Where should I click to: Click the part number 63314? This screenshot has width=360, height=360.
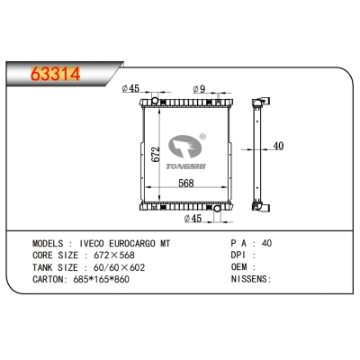[x=55, y=73]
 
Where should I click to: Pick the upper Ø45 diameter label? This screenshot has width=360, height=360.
[x=131, y=88]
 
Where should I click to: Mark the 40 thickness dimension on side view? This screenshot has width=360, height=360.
[x=279, y=147]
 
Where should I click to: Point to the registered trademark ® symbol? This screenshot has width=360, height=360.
[x=202, y=138]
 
